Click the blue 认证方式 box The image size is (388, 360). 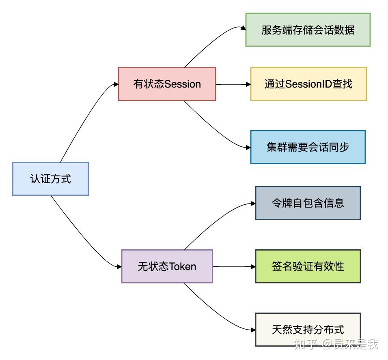coord(50,179)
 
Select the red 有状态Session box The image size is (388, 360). coord(167,84)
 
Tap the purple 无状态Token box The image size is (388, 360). coord(167,266)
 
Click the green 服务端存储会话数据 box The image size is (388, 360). coord(308,30)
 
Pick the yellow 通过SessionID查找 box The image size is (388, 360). coord(308,84)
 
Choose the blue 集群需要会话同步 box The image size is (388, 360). coord(308,147)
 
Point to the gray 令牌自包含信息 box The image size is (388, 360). coord(308,203)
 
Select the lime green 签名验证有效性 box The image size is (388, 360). coord(308,266)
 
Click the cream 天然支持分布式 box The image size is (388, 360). coord(308,329)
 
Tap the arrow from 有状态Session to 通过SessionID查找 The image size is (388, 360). coord(233,84)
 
